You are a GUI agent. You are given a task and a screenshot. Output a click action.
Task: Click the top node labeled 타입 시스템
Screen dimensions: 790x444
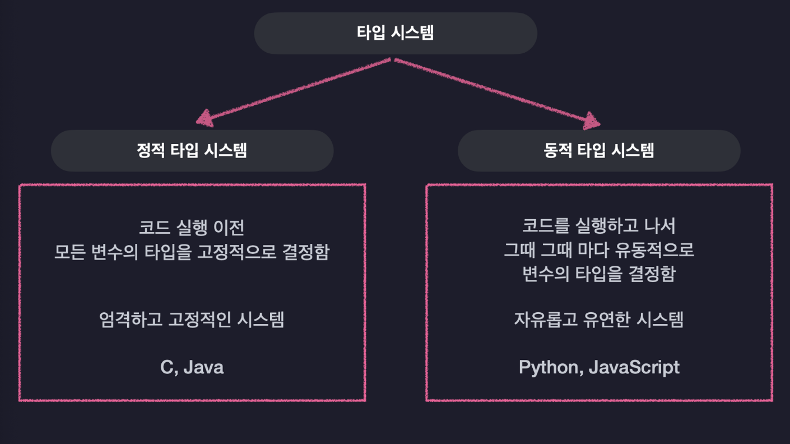coord(396,33)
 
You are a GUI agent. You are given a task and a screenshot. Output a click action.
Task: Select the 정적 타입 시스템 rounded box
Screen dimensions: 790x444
coord(192,151)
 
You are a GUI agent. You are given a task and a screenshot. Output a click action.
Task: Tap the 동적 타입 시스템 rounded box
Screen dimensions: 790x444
coord(599,151)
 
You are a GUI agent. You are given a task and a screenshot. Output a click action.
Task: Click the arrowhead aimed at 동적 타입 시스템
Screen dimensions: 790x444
coord(591,121)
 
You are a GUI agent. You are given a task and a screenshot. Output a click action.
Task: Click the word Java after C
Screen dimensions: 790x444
coord(203,367)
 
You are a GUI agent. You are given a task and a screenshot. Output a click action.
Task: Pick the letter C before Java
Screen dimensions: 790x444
coord(167,367)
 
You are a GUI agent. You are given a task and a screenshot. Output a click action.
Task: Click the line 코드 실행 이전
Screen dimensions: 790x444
coord(192,227)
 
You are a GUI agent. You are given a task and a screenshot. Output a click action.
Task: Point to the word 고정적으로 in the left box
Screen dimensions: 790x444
coord(236,252)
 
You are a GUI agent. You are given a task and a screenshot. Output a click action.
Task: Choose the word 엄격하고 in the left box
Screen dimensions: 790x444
coord(131,320)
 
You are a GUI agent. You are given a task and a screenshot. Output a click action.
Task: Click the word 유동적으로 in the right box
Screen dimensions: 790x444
coord(654,250)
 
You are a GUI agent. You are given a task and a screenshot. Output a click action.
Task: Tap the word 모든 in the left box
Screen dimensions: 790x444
coord(70,252)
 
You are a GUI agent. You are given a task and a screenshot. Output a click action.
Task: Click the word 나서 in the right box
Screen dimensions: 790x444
coord(660,226)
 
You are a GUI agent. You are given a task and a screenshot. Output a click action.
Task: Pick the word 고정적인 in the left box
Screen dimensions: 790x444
coord(199,320)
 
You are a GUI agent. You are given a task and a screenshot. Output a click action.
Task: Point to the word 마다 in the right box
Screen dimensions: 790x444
coord(593,250)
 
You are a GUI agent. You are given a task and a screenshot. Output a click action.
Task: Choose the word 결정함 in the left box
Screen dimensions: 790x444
coord(306,252)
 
